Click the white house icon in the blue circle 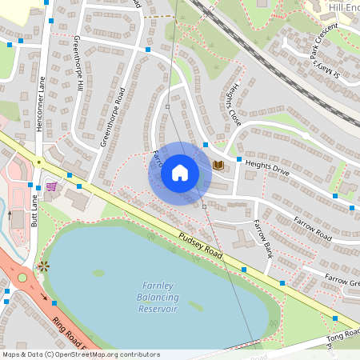click(180, 173)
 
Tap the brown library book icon click(218, 165)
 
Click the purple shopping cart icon click(52, 186)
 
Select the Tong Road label click(343, 338)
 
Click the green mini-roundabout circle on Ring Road click(22, 277)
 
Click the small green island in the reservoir click(98, 273)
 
